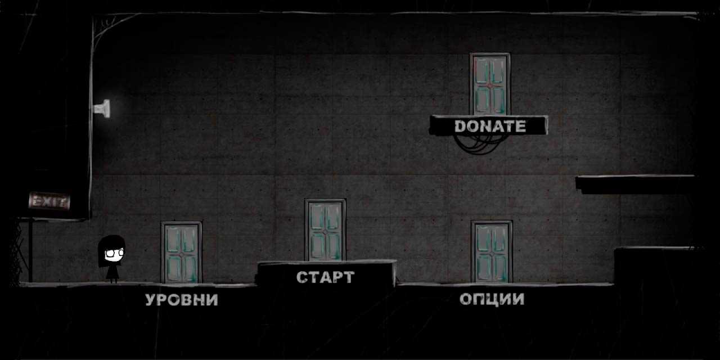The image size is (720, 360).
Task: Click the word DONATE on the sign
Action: (x=489, y=126)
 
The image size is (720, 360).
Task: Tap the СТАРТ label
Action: (x=325, y=277)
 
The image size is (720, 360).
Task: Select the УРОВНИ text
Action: (x=181, y=300)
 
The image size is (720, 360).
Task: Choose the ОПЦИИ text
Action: (x=492, y=299)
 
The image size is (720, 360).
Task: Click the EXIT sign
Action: (x=49, y=200)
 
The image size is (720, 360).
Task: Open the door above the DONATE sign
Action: (x=489, y=84)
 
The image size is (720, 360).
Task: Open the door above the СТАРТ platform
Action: (x=325, y=229)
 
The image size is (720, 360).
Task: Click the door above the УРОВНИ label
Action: (x=181, y=252)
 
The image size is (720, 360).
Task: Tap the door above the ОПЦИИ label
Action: (x=492, y=251)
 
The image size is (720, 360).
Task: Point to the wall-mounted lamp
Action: (x=103, y=108)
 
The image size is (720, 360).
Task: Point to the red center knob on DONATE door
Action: (x=489, y=85)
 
